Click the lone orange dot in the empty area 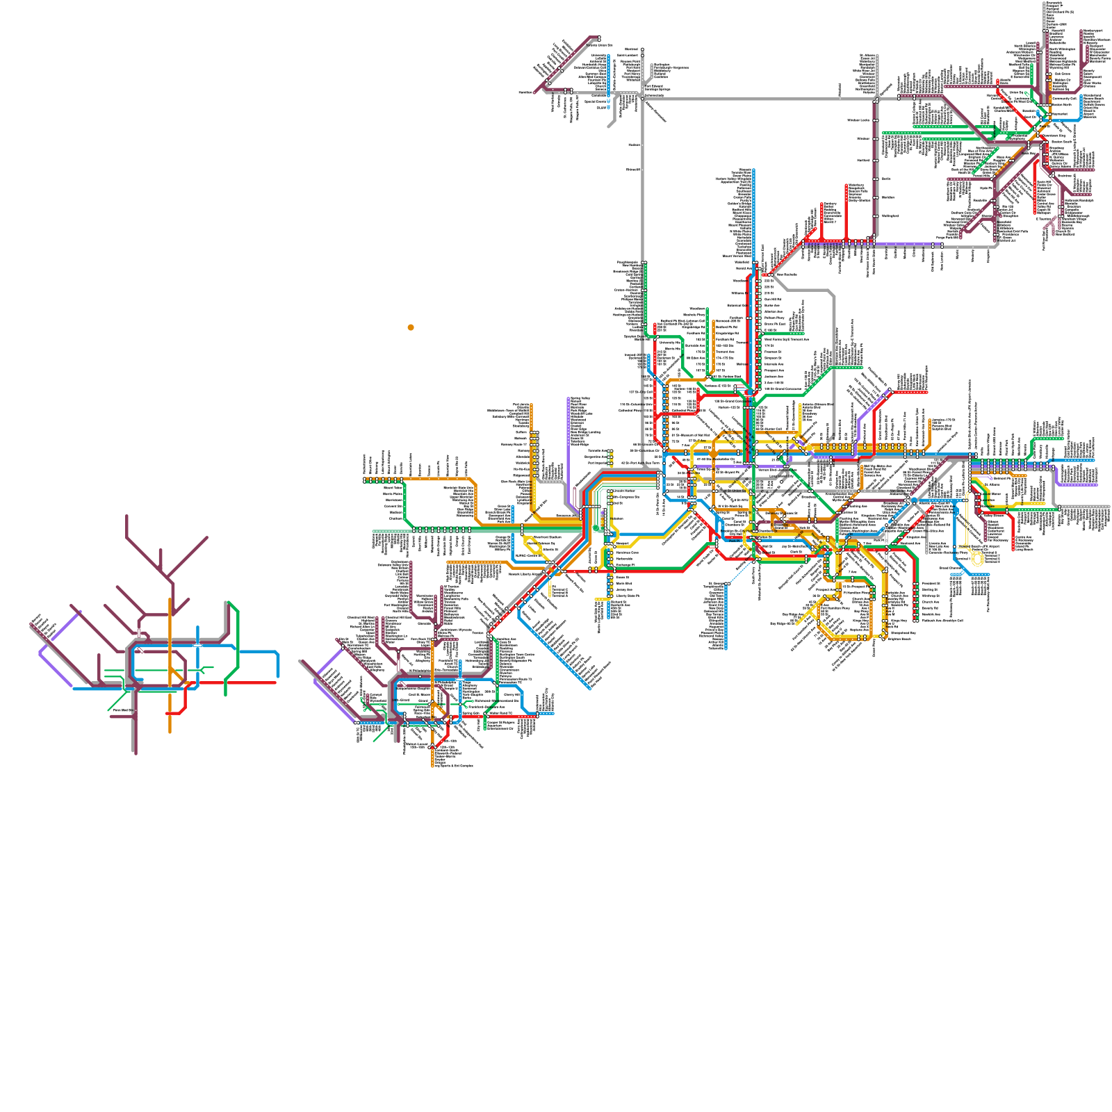(411, 327)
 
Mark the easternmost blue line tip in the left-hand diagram (278, 676)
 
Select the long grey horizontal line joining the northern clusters (751, 99)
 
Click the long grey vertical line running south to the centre (643, 208)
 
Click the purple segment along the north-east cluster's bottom (903, 244)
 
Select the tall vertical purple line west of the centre (569, 445)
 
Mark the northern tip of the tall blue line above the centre (754, 170)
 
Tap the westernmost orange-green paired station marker (366, 480)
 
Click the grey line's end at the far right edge (1109, 506)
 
